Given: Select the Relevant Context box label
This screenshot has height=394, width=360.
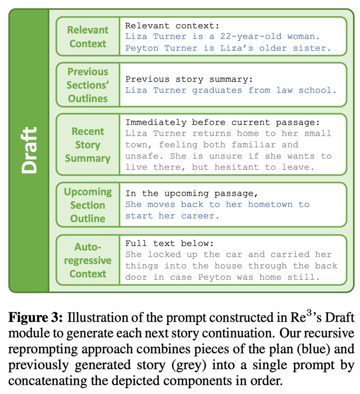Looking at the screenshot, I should (88, 37).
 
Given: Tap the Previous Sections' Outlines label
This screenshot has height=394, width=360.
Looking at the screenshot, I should (88, 85).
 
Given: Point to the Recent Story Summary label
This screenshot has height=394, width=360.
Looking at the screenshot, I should (88, 145).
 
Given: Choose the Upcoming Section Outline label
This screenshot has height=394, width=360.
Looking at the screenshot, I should (88, 205).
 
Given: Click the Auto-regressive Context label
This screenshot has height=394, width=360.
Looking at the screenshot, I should (88, 260).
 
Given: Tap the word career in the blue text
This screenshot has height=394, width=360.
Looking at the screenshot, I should (201, 216).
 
